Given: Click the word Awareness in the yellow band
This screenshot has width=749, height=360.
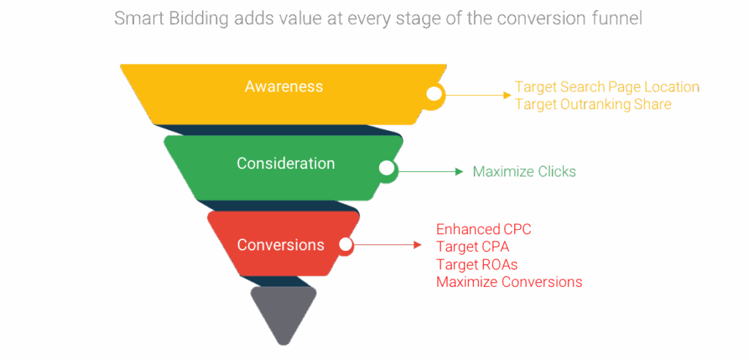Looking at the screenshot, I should point(284,86).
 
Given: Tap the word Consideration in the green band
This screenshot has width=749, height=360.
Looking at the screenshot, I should point(285,163).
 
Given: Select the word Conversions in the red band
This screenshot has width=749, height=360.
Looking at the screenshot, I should point(280,244).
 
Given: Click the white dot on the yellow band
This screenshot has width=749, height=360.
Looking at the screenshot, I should point(434,94).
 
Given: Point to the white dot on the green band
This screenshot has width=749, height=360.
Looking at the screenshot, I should point(385,168).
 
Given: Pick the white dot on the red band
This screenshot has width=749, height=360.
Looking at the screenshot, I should point(345,244).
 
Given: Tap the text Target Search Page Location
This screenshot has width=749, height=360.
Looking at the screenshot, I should point(607,87).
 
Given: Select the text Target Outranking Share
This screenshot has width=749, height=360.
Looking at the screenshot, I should point(592,104).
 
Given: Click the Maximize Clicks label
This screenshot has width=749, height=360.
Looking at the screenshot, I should point(524,172).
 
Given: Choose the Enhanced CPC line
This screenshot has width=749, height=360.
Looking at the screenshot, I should point(483,229).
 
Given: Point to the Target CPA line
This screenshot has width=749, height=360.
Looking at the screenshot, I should point(473,247).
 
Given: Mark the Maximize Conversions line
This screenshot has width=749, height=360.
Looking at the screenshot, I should point(509,281).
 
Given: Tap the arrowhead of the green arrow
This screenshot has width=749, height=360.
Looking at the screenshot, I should point(459,172).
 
